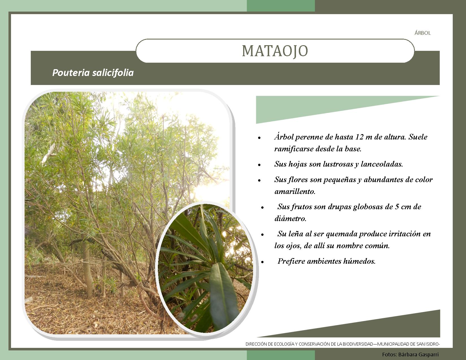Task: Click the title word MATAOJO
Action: [275, 51]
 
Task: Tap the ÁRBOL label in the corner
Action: [423, 33]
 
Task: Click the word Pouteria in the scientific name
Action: [71, 73]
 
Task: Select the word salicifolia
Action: [113, 73]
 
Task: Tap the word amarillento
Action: [295, 191]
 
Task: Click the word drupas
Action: [339, 206]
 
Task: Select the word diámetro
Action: [290, 218]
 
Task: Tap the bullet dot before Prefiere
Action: [262, 262]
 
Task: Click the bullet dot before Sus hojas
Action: [259, 165]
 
